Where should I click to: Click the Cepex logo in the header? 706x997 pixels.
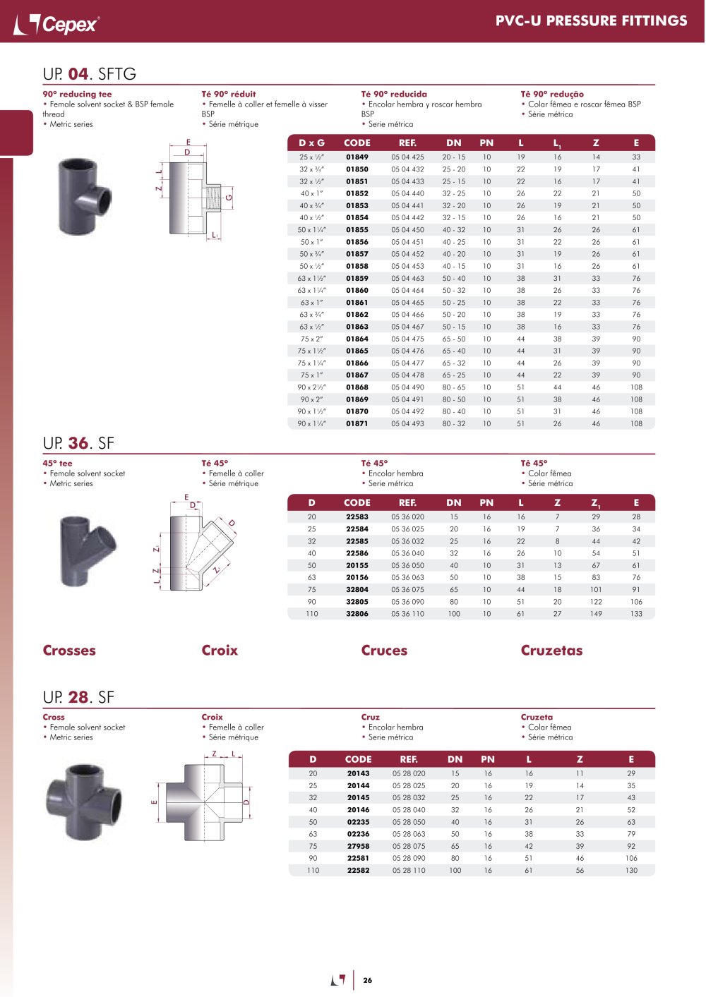pos(56,24)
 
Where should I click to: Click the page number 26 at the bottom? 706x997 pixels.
pos(368,980)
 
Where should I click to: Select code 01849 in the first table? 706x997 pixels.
pos(357,157)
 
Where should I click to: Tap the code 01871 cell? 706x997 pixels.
pos(357,424)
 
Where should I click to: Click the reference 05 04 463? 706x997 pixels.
pos(407,278)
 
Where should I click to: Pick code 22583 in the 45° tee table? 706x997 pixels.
pos(357,516)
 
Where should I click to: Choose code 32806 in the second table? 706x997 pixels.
pos(357,614)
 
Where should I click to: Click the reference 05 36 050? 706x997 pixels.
pos(407,565)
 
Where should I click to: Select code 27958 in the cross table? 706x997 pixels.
pos(358,846)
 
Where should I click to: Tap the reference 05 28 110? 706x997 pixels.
pos(409,870)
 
